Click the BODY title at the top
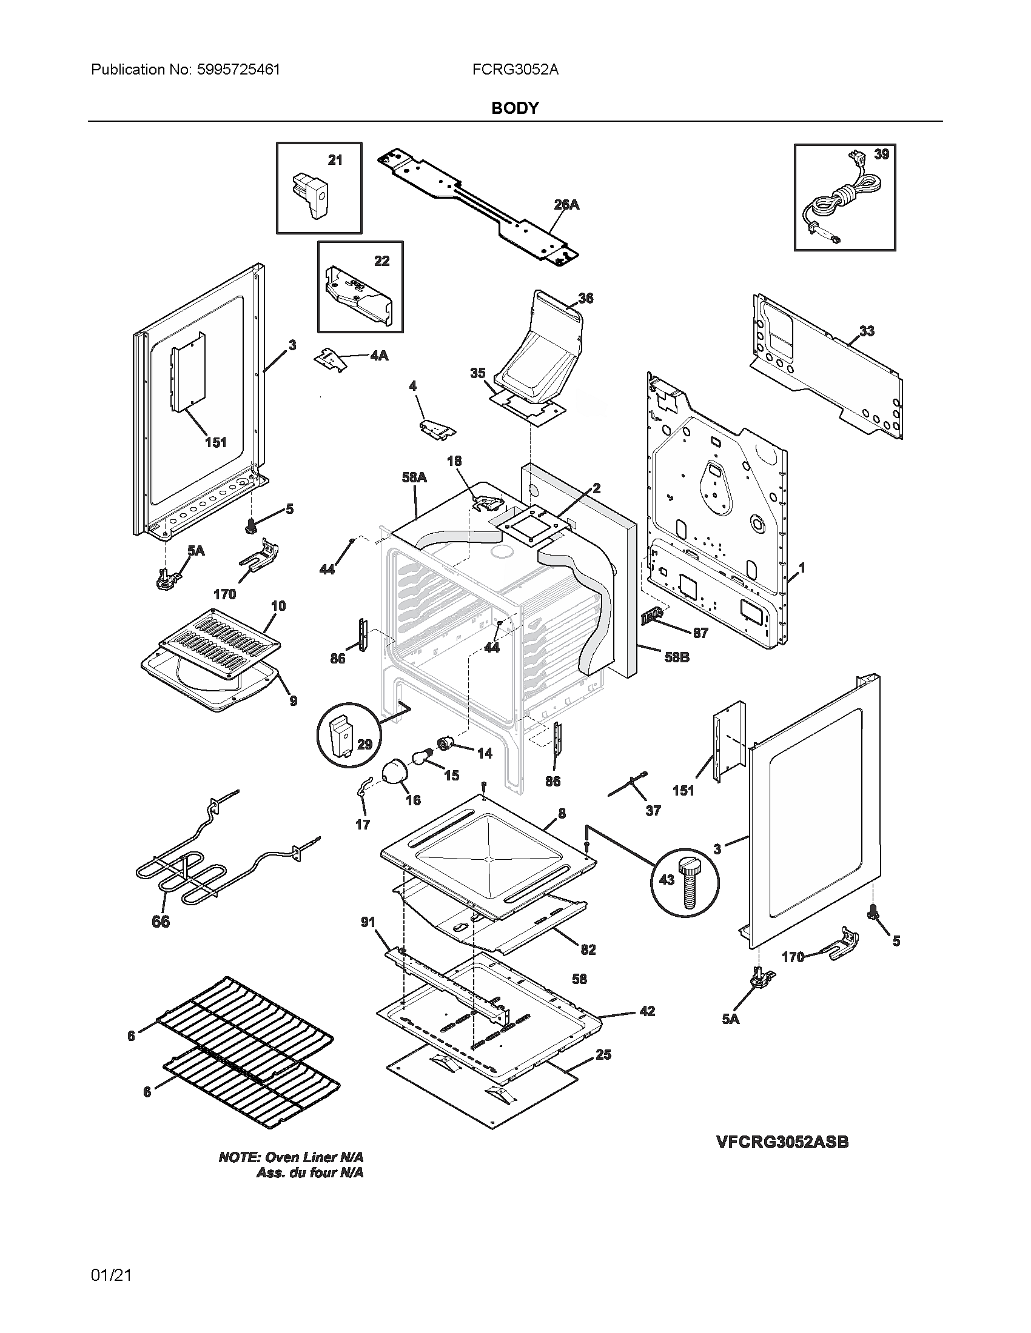pyautogui.click(x=515, y=108)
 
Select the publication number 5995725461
pyautogui.click(x=238, y=70)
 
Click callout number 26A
pyautogui.click(x=566, y=205)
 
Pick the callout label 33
pyautogui.click(x=867, y=331)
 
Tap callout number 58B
pyautogui.click(x=676, y=658)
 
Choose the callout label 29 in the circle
pyautogui.click(x=364, y=744)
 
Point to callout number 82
pyautogui.click(x=588, y=949)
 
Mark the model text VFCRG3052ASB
pyautogui.click(x=782, y=1142)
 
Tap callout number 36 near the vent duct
pyautogui.click(x=585, y=298)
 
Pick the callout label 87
pyautogui.click(x=700, y=633)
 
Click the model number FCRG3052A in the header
pyautogui.click(x=515, y=70)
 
